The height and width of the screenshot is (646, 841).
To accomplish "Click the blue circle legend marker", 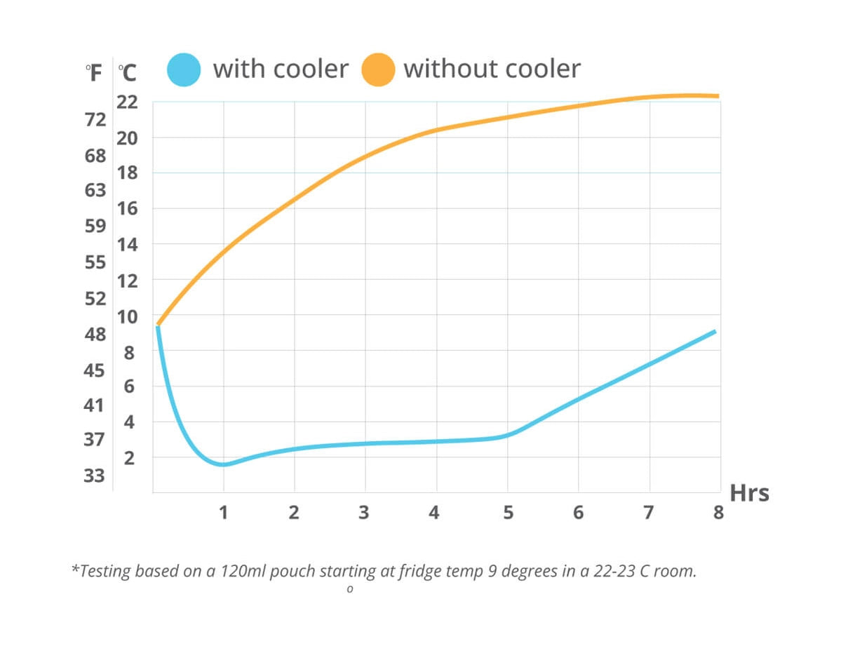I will pos(184,69).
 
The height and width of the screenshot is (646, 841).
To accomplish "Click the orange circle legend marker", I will pos(378,69).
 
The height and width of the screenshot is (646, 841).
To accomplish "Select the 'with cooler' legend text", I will pos(281,69).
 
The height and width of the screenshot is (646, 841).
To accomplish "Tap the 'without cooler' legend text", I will pos(492,69).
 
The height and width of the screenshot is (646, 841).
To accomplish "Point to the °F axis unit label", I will pos(94,73).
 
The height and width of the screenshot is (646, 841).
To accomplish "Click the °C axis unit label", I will pos(127,73).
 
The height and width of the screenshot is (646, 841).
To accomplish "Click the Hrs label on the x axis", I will pos(749,494).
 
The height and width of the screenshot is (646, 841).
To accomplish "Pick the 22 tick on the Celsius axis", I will pos(127,102).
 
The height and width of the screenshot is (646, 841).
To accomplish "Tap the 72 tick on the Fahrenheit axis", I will pos(95,119).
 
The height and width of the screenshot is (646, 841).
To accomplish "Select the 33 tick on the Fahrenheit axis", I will pos(95,476).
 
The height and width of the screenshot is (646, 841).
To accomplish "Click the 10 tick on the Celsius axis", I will pos(127,316).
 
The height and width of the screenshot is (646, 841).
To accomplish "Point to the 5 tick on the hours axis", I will pos(507,513).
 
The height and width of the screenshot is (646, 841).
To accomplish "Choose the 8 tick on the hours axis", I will pos(718,513).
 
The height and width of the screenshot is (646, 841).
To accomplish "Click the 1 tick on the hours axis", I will pos(223,513).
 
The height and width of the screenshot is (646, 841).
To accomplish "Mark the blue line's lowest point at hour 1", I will pos(223,464).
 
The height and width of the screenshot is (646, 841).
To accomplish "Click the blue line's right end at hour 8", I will pos(715,331).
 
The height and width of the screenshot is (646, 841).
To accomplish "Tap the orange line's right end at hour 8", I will pos(718,96).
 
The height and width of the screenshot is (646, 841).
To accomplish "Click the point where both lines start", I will pos(158,325).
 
